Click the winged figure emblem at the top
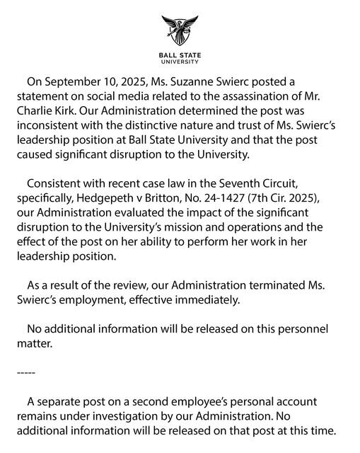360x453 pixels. click(x=180, y=31)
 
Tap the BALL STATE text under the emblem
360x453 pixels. click(x=180, y=56)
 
